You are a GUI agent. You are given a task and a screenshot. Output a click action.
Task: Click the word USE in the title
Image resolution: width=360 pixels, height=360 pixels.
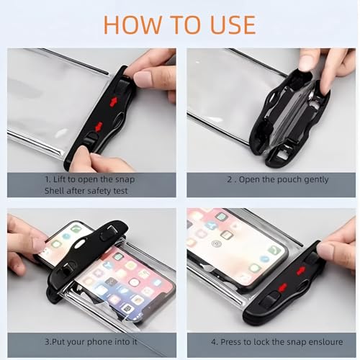pyautogui.click(x=233, y=24)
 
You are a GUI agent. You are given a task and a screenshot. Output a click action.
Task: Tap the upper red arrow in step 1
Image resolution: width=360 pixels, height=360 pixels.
pyautogui.click(x=113, y=102)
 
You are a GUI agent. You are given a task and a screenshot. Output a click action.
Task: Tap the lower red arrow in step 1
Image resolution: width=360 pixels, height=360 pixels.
pyautogui.click(x=99, y=127)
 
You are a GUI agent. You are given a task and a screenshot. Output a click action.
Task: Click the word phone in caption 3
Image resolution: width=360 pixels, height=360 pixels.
pyautogui.click(x=98, y=342)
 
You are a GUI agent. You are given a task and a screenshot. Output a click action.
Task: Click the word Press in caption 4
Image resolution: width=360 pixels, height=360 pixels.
pyautogui.click(x=231, y=342)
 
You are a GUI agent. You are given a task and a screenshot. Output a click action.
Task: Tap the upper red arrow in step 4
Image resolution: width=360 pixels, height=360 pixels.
pyautogui.click(x=301, y=271)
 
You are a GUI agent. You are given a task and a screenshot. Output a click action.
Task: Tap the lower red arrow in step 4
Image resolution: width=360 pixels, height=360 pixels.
pyautogui.click(x=282, y=287)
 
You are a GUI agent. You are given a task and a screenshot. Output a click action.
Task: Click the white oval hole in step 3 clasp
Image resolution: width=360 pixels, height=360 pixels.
pyautogui.click(x=81, y=243)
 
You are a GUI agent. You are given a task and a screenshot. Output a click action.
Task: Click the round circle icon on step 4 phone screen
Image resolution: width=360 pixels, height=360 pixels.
pyautogui.click(x=216, y=244)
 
